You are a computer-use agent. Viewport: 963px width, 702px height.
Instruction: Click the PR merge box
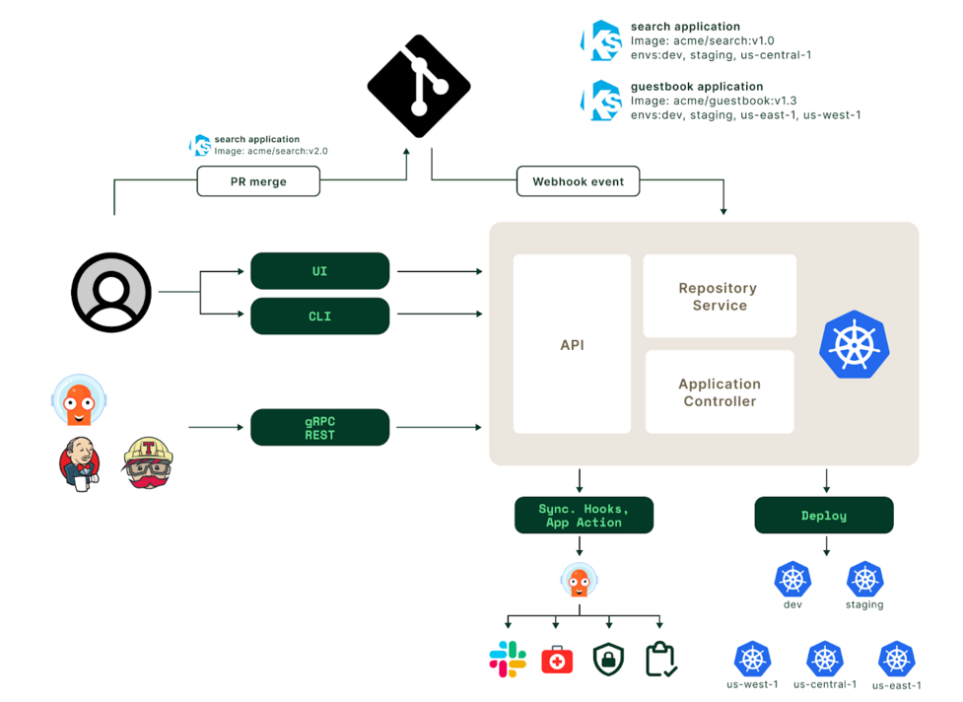(258, 181)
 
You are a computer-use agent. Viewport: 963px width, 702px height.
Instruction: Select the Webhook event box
(578, 181)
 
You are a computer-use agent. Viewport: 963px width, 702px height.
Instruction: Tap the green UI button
(320, 271)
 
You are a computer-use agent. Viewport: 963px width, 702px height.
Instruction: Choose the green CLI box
(320, 316)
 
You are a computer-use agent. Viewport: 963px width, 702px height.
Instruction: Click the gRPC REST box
(320, 428)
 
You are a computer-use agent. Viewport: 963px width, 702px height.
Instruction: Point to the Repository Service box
(720, 296)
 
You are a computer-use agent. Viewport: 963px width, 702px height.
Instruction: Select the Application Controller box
(720, 391)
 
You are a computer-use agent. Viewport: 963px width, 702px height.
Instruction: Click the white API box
(572, 344)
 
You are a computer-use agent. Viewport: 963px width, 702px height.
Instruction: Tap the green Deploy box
(824, 516)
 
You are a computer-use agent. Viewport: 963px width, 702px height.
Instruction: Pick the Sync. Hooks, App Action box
(584, 516)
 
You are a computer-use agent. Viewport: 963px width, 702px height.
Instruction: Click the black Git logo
(419, 86)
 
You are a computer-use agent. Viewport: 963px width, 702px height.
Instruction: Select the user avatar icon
(111, 293)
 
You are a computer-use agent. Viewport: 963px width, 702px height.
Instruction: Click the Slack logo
(508, 660)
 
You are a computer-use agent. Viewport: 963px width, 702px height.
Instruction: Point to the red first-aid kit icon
(557, 660)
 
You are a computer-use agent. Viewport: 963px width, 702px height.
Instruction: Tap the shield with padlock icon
(608, 660)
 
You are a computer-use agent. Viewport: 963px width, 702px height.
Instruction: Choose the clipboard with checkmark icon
(660, 660)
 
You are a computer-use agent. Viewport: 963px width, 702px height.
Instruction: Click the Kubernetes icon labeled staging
(864, 579)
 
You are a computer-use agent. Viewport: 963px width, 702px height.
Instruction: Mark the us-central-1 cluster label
(825, 684)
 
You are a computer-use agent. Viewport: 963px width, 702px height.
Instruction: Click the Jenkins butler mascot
(80, 463)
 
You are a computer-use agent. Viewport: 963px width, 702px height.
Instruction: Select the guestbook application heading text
(697, 87)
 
